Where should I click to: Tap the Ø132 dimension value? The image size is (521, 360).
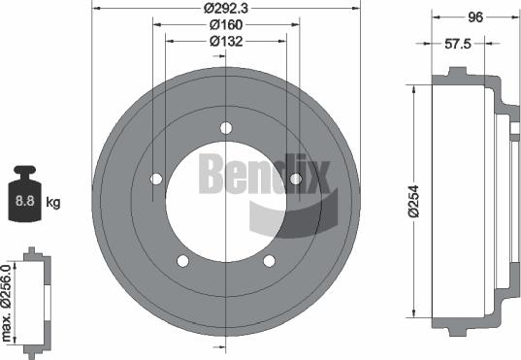[x=225, y=42]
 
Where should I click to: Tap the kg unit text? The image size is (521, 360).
[x=54, y=203]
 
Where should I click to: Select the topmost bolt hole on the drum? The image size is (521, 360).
[x=226, y=128]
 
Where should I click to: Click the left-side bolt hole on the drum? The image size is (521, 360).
[x=156, y=178]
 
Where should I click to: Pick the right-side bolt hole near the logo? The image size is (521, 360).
[x=296, y=178]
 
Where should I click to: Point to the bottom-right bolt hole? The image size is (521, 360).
[x=269, y=260]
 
